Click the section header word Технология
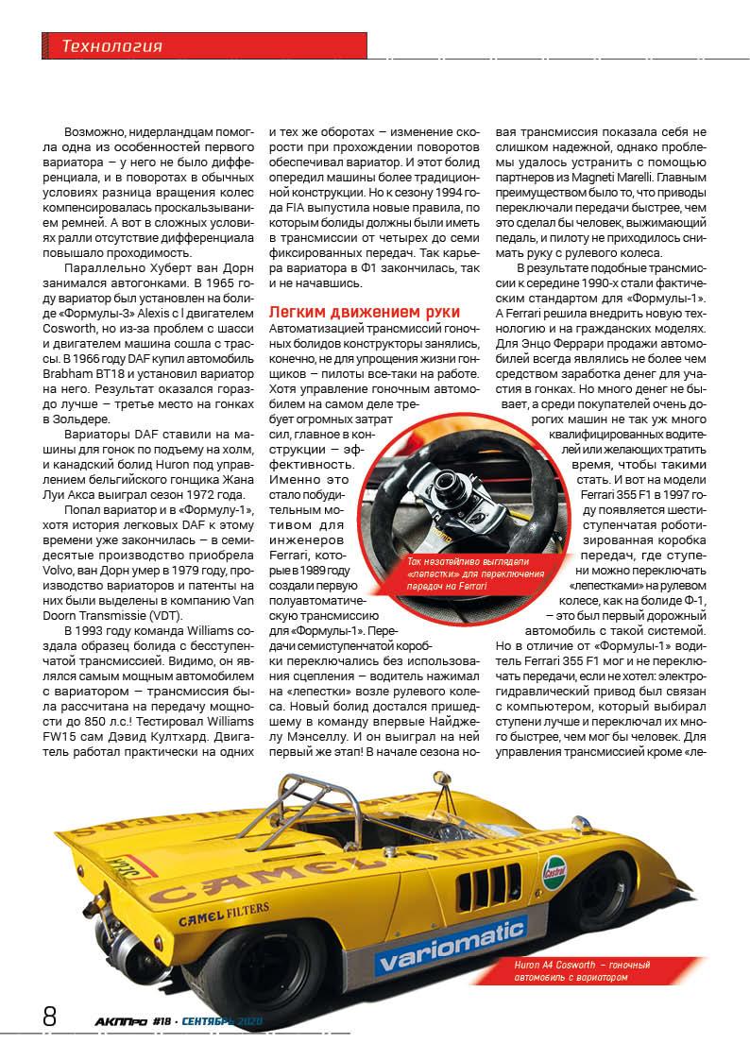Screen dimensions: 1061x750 point(111,46)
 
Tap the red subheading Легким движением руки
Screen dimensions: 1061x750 point(365,311)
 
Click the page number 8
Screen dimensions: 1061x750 point(50,1017)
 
